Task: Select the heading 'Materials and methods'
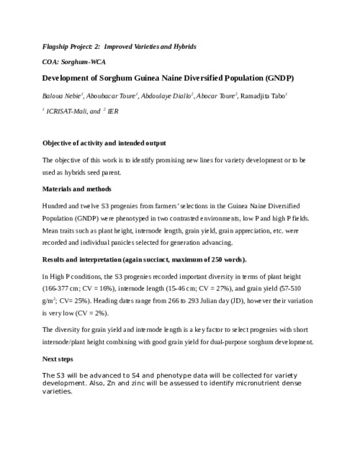(x=77, y=189)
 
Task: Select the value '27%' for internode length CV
(x=220, y=288)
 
